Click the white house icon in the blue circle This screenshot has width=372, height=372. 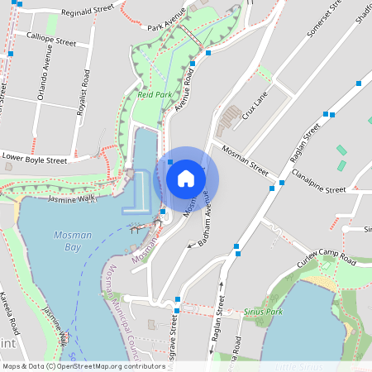[186, 179]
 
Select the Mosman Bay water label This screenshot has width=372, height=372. [72, 241]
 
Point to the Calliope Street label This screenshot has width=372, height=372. [51, 39]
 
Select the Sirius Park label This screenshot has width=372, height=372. [264, 312]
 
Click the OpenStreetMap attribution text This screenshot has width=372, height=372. [83, 366]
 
